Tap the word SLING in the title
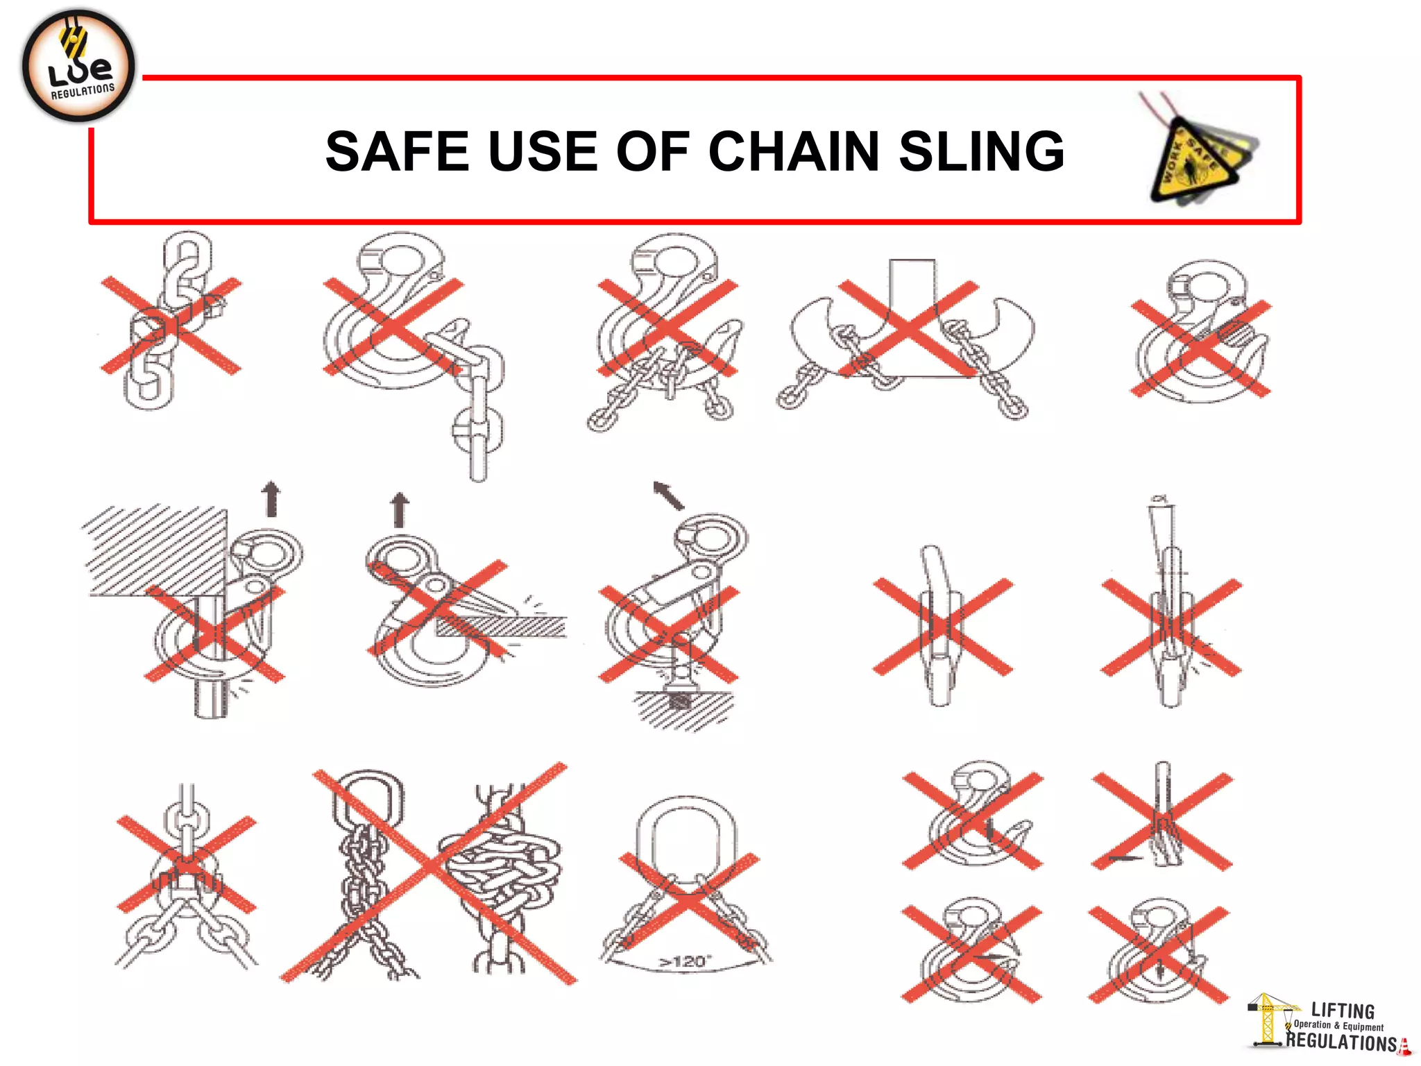981,151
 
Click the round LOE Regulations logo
78,67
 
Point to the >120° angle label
683,962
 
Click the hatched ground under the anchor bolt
683,711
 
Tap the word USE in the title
543,151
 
